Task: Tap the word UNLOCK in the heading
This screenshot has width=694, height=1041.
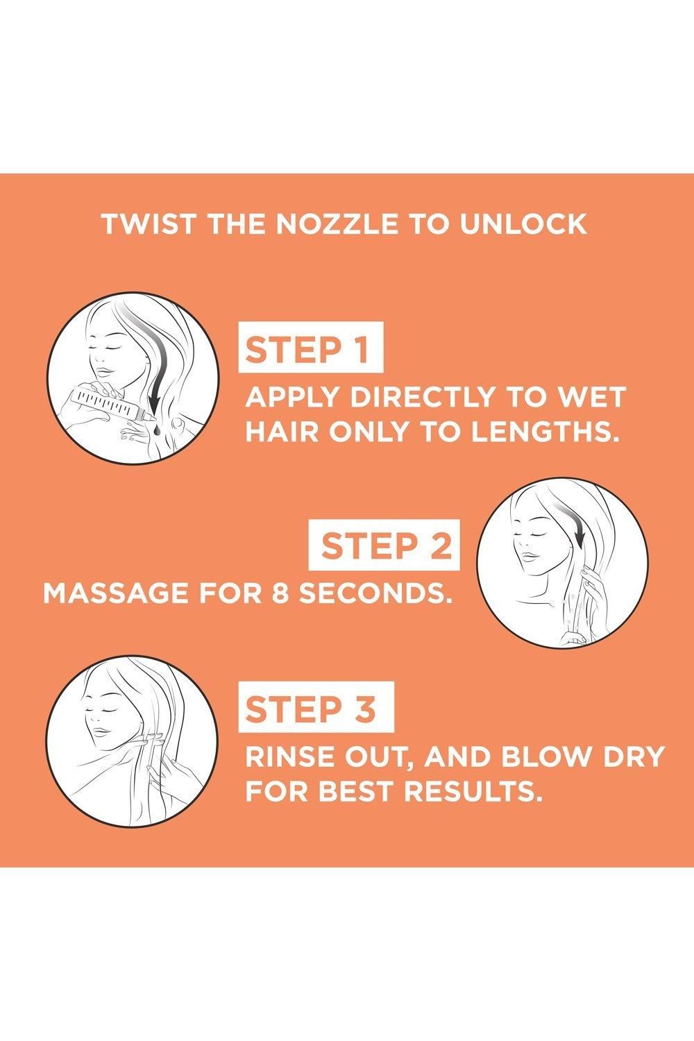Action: click(x=523, y=224)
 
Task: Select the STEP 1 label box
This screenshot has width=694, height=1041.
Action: click(x=310, y=347)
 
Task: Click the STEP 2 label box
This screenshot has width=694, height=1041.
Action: click(x=384, y=545)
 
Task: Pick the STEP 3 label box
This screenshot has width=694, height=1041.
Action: click(x=316, y=706)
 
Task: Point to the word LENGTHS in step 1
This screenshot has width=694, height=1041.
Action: click(x=545, y=432)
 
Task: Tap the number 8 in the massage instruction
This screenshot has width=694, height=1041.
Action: click(x=281, y=593)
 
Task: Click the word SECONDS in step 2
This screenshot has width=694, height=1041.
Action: click(x=375, y=593)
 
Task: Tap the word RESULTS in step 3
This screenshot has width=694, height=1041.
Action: click(x=474, y=791)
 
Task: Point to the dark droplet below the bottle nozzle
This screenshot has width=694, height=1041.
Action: click(x=156, y=432)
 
